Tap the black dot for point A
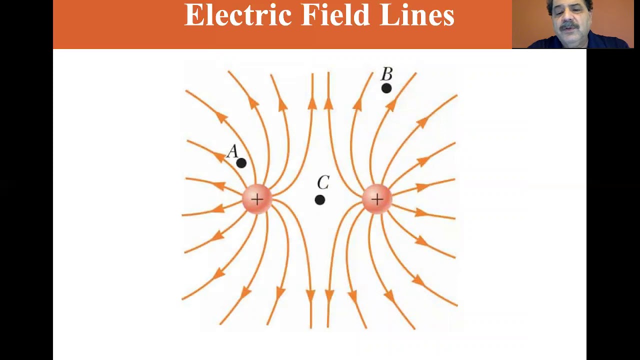point(241,163)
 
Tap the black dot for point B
point(386,88)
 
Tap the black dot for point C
point(320,200)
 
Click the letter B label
point(387,74)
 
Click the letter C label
point(323,183)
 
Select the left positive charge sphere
point(257,199)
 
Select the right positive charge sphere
point(377,199)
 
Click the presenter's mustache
point(567,26)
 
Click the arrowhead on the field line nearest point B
point(391,104)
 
